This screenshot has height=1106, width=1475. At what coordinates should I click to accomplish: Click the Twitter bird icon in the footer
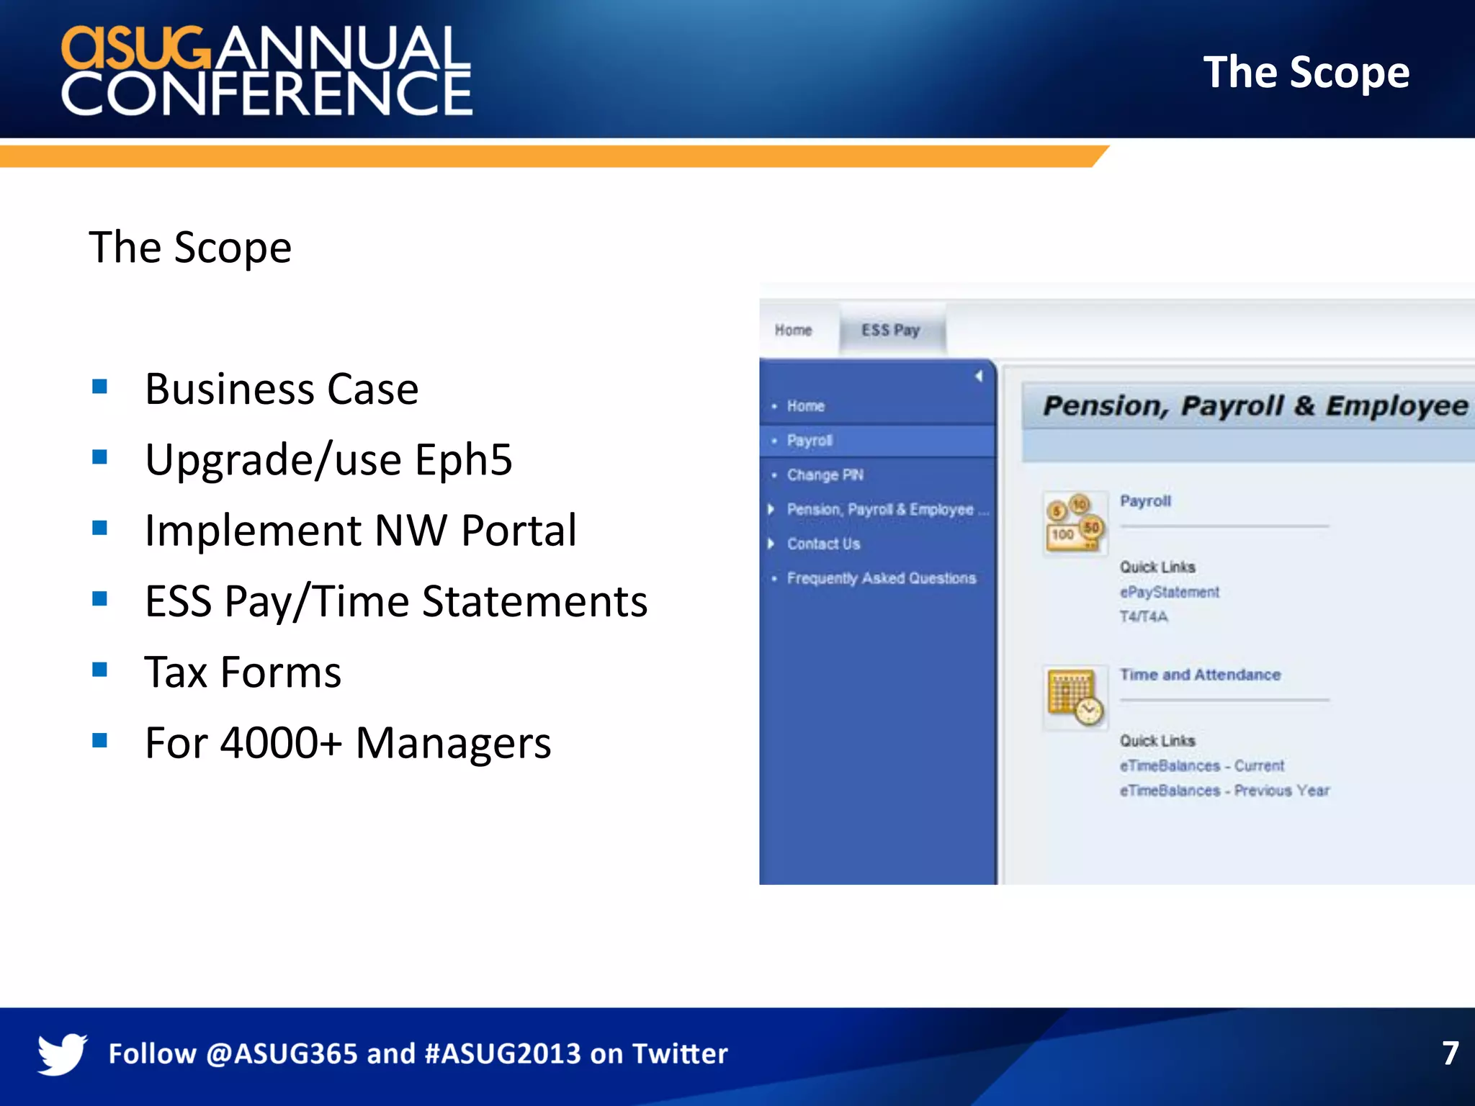[x=63, y=1053]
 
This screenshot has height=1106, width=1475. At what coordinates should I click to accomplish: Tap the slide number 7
[x=1450, y=1053]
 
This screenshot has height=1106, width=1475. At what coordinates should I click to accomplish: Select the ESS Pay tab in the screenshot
[x=891, y=330]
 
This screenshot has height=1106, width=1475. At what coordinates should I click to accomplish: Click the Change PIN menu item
[x=825, y=475]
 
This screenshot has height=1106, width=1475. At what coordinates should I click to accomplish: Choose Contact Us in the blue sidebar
[x=823, y=544]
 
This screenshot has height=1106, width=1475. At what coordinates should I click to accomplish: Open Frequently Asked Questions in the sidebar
[x=881, y=578]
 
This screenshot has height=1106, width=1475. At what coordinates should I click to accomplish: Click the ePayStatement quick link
[x=1169, y=592]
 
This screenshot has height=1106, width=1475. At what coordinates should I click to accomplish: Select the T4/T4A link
[x=1144, y=616]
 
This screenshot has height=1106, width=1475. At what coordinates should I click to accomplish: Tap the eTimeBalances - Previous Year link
[x=1224, y=791]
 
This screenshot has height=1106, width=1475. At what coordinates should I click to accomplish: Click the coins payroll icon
[x=1075, y=523]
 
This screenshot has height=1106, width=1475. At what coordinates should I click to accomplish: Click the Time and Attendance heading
[x=1200, y=675]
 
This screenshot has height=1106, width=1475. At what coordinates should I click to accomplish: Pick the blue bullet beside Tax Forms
[x=100, y=670]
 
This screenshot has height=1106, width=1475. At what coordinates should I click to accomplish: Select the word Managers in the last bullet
[x=453, y=743]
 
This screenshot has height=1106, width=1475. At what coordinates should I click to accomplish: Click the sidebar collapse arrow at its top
[x=979, y=376]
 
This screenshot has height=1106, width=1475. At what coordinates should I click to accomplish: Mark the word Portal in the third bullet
[x=519, y=531]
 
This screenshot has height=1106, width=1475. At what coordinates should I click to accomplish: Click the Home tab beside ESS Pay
[x=793, y=330]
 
